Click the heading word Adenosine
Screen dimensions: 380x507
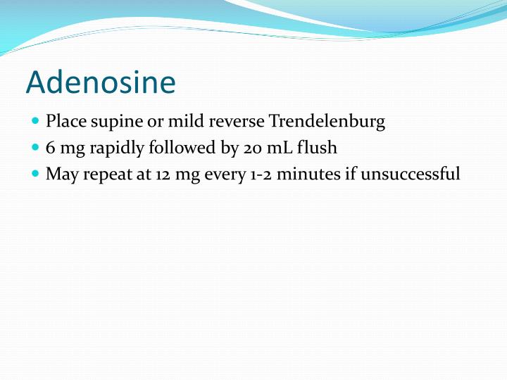tap(101, 82)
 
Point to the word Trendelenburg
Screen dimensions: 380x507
tap(327, 122)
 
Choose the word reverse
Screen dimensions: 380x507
tap(237, 122)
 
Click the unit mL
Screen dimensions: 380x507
tap(281, 148)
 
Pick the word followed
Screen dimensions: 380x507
tap(173, 148)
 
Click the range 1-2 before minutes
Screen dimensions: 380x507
tap(257, 174)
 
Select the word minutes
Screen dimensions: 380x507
tap(307, 174)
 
